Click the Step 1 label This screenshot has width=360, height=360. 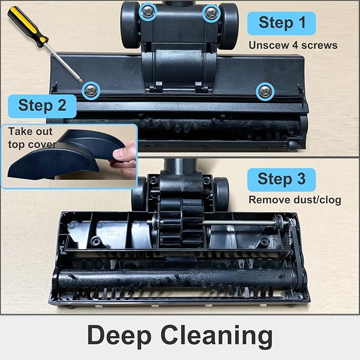coord(282,23)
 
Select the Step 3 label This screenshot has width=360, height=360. coord(281,179)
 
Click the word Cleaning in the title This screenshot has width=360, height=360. coord(223,336)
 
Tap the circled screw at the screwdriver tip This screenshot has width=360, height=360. coord(92,91)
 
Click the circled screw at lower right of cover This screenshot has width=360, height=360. coord(264,92)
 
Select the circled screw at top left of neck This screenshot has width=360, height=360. coord(147,11)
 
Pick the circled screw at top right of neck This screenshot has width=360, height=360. coord(212,12)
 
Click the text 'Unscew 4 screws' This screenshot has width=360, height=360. coord(293,45)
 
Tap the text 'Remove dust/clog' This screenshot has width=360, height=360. coord(295,200)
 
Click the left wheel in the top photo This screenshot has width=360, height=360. coord(130,24)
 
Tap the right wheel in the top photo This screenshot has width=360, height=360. coord(229,24)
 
